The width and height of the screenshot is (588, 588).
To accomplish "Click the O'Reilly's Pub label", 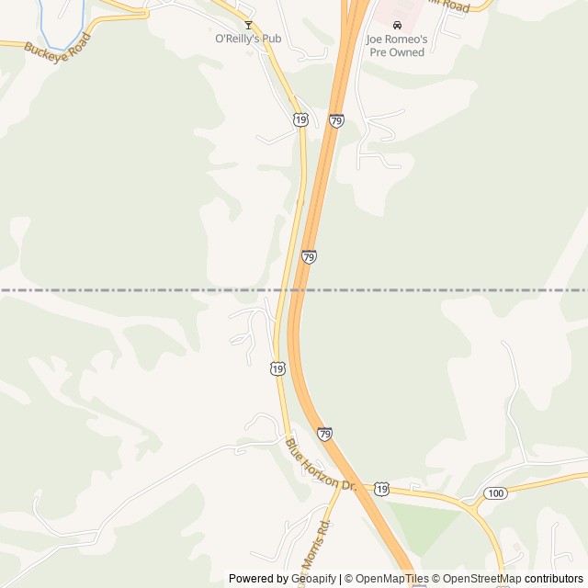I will pos(247,40).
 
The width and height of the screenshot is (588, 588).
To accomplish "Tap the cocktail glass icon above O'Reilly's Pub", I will pos(247,25).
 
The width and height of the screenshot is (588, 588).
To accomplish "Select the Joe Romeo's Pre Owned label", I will pos(397,46).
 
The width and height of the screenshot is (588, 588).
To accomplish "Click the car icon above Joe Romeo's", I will pos(397,26).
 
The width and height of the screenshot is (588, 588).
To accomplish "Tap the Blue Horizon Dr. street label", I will pos(320,464).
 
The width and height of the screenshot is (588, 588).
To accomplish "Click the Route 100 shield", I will pos(495,493).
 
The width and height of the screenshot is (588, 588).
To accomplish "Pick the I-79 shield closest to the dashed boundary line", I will pos(309,257).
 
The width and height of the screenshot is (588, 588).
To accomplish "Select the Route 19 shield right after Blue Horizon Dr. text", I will pos(381,489).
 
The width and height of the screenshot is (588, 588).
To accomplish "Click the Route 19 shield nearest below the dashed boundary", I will pos(277,367).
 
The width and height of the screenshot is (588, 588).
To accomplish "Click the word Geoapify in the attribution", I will pos(313,579).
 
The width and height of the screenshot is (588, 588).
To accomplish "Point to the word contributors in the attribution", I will pos(555,579).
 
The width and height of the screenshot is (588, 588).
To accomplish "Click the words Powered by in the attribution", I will pos(258,579).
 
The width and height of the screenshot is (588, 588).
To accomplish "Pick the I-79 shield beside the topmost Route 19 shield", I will pos(336,120).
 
